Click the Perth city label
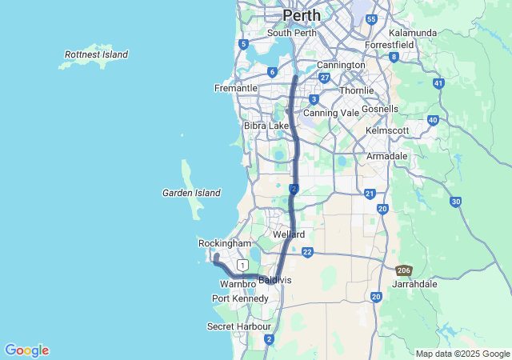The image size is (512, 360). pyautogui.click(x=302, y=15)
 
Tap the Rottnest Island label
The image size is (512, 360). pyautogui.click(x=94, y=54)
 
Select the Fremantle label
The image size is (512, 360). pyautogui.click(x=235, y=88)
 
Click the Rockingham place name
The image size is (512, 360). pyautogui.click(x=225, y=243)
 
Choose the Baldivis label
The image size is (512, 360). pyautogui.click(x=275, y=281)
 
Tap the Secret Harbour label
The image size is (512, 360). pyautogui.click(x=238, y=326)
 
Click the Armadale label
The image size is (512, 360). pyautogui.click(x=387, y=156)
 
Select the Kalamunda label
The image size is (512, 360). pyautogui.click(x=413, y=33)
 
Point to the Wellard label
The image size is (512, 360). pyautogui.click(x=289, y=234)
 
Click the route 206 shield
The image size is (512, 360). pyautogui.click(x=404, y=271)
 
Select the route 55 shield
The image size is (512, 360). pyautogui.click(x=370, y=18)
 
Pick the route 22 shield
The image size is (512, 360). pyautogui.click(x=307, y=252)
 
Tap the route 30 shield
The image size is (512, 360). pyautogui.click(x=455, y=202)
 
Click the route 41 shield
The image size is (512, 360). pyautogui.click(x=438, y=83)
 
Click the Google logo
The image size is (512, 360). pyautogui.click(x=26, y=350)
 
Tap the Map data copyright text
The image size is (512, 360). pyautogui.click(x=462, y=354)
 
